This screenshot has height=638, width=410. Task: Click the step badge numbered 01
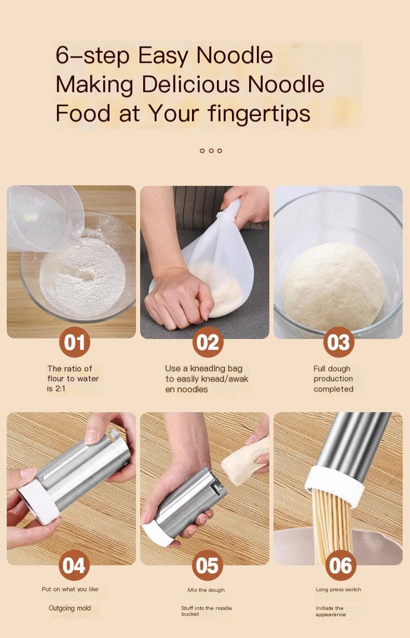(74, 342)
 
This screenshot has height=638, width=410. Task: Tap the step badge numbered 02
(208, 343)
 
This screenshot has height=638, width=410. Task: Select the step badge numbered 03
(339, 343)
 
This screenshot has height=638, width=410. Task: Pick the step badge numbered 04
(74, 565)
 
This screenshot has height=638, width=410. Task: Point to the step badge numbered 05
(208, 565)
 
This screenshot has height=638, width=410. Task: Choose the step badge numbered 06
(340, 565)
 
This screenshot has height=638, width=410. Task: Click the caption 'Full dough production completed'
(333, 379)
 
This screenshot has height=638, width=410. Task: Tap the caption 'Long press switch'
(338, 589)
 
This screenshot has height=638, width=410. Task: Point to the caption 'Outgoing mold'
(70, 608)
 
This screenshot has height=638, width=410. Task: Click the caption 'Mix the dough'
(206, 590)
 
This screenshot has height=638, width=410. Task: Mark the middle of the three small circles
(211, 151)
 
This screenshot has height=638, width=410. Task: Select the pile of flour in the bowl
(83, 275)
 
